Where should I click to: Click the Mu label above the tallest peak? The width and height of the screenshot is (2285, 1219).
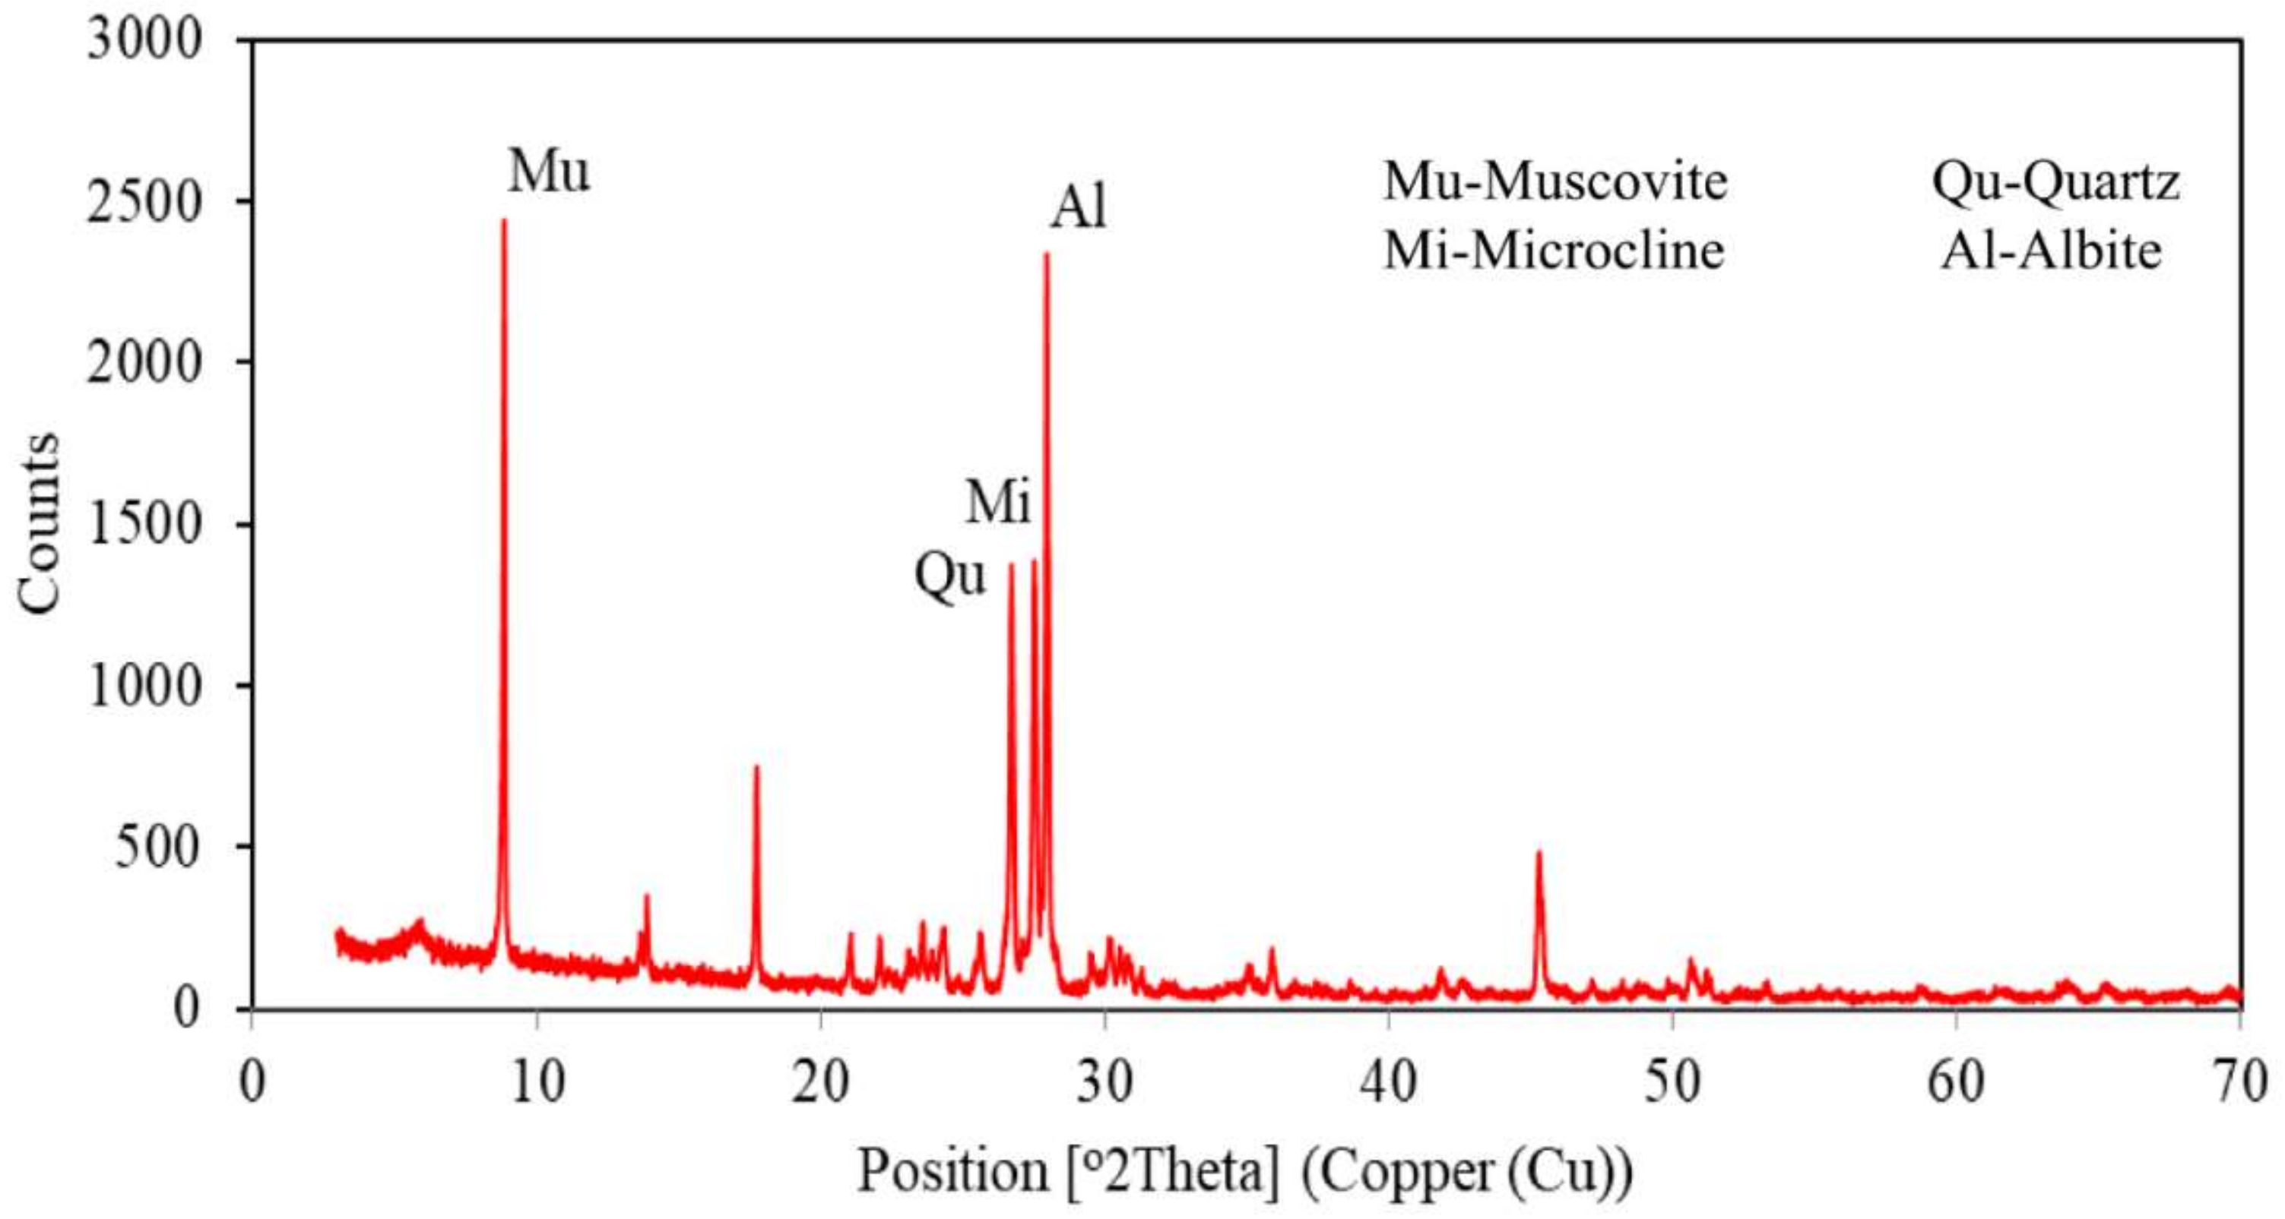coord(548,171)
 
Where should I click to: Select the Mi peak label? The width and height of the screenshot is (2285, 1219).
coord(998,503)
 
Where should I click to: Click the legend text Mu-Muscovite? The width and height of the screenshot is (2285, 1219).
coord(1555,182)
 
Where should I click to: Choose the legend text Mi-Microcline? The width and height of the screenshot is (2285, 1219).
coord(1553,251)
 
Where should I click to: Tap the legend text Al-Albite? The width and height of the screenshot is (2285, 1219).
coord(2051,251)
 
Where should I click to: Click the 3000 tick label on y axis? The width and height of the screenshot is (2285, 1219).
coord(144,40)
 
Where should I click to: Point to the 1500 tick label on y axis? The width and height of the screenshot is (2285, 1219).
coord(144,524)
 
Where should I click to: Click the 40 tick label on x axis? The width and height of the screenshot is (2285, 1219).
coord(1387,1082)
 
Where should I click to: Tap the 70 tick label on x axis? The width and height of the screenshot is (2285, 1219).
coord(2239,1082)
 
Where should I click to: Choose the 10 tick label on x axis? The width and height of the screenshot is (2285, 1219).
coord(537,1082)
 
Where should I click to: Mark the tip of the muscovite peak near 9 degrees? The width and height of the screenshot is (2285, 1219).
coord(504,221)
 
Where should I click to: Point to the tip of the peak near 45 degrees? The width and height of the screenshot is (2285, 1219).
coord(1539,853)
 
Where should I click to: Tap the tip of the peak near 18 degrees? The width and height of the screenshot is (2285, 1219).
coord(756,767)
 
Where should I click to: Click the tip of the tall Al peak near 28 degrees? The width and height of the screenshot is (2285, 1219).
coord(1047,254)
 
